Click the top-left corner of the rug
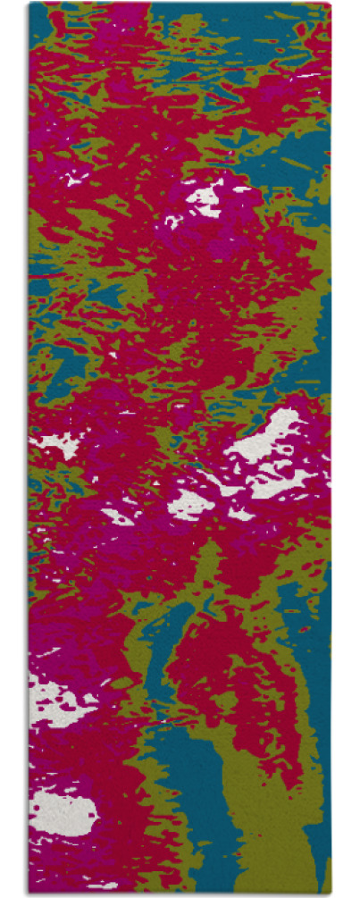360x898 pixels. [29, 4]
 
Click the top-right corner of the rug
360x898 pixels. [331, 4]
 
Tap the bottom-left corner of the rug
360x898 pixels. [29, 893]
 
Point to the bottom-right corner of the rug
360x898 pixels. [331, 893]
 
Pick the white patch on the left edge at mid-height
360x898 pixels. [55, 444]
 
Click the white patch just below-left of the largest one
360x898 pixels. [189, 506]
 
